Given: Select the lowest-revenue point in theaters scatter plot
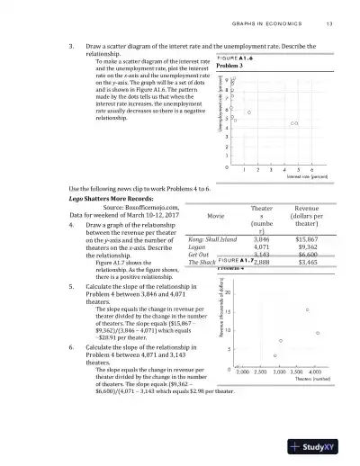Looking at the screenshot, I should coord(274,356).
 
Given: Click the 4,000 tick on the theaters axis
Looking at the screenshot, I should coord(315,372).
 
